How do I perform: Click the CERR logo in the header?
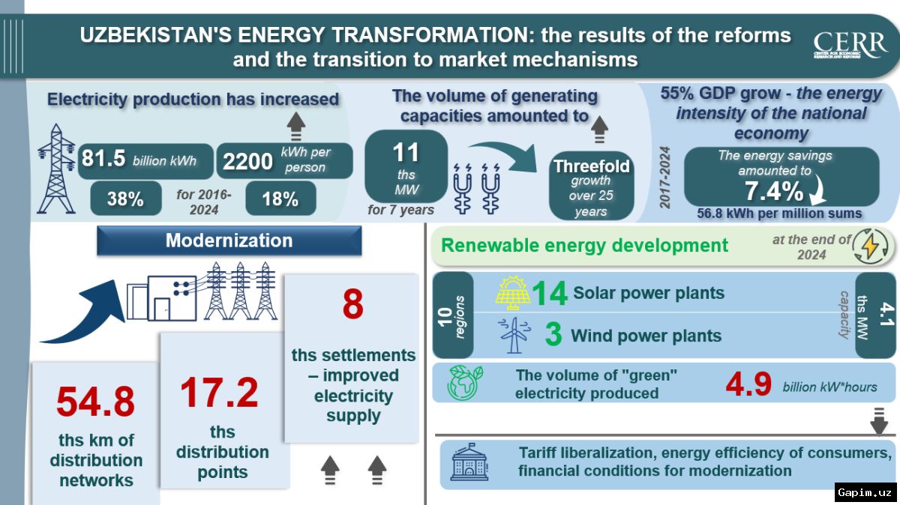(x=850, y=44)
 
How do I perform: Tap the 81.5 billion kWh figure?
(x=139, y=159)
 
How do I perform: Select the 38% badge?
(x=126, y=199)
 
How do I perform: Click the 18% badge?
(x=280, y=199)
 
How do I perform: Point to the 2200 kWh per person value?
(x=277, y=160)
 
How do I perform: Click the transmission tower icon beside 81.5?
(x=56, y=169)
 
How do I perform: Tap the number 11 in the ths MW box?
(x=406, y=153)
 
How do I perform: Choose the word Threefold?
(x=592, y=166)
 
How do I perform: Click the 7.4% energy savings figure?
(x=774, y=190)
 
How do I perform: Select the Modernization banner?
(x=229, y=241)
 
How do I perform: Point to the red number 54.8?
(x=96, y=402)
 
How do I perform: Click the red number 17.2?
(x=219, y=392)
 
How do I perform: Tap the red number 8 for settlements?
(x=352, y=304)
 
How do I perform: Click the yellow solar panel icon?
(x=512, y=293)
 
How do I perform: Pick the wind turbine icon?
(x=514, y=335)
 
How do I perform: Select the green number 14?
(x=549, y=294)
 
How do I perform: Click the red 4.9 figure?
(x=748, y=384)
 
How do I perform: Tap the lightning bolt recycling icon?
(x=871, y=246)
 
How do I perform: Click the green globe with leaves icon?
(x=464, y=383)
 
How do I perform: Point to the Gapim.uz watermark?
(x=865, y=492)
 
